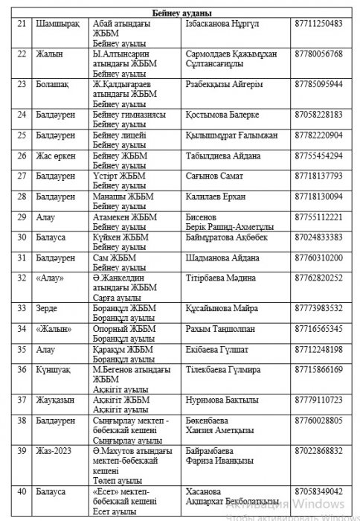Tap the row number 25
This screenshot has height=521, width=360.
click(x=22, y=135)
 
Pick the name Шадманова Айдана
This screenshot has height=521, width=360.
click(x=222, y=258)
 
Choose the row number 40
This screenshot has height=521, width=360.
click(x=22, y=492)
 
